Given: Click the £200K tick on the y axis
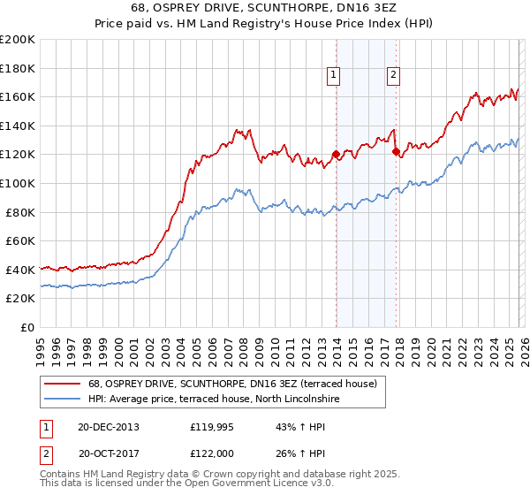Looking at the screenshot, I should pyautogui.click(x=18, y=40).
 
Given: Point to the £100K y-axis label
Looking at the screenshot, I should pyautogui.click(x=18, y=183).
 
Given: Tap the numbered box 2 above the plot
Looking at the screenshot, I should pyautogui.click(x=392, y=75).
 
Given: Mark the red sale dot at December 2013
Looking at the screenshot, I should pyautogui.click(x=336, y=155).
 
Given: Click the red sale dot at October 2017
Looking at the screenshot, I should pyautogui.click(x=395, y=151).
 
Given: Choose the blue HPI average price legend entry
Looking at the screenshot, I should pyautogui.click(x=219, y=399).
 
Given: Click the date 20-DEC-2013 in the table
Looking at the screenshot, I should pyautogui.click(x=109, y=426).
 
